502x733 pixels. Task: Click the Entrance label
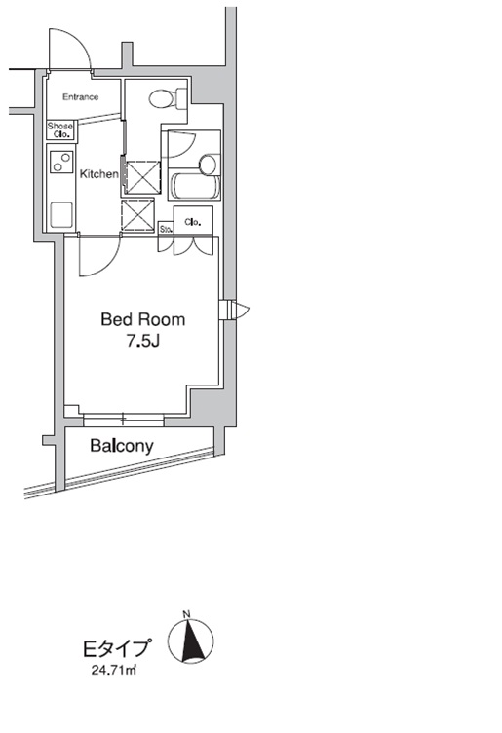pos(81,97)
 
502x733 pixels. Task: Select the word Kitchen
pos(98,174)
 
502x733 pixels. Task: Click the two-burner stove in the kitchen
pos(60,162)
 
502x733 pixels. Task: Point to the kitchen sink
pos(60,213)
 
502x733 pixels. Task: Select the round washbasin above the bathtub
pos(207,163)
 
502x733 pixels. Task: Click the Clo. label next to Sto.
pos(192,222)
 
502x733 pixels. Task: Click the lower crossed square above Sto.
pos(137,215)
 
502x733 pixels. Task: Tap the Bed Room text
pos(143,319)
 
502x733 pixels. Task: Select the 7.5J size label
pos(142,342)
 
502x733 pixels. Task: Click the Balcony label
pos(122,447)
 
